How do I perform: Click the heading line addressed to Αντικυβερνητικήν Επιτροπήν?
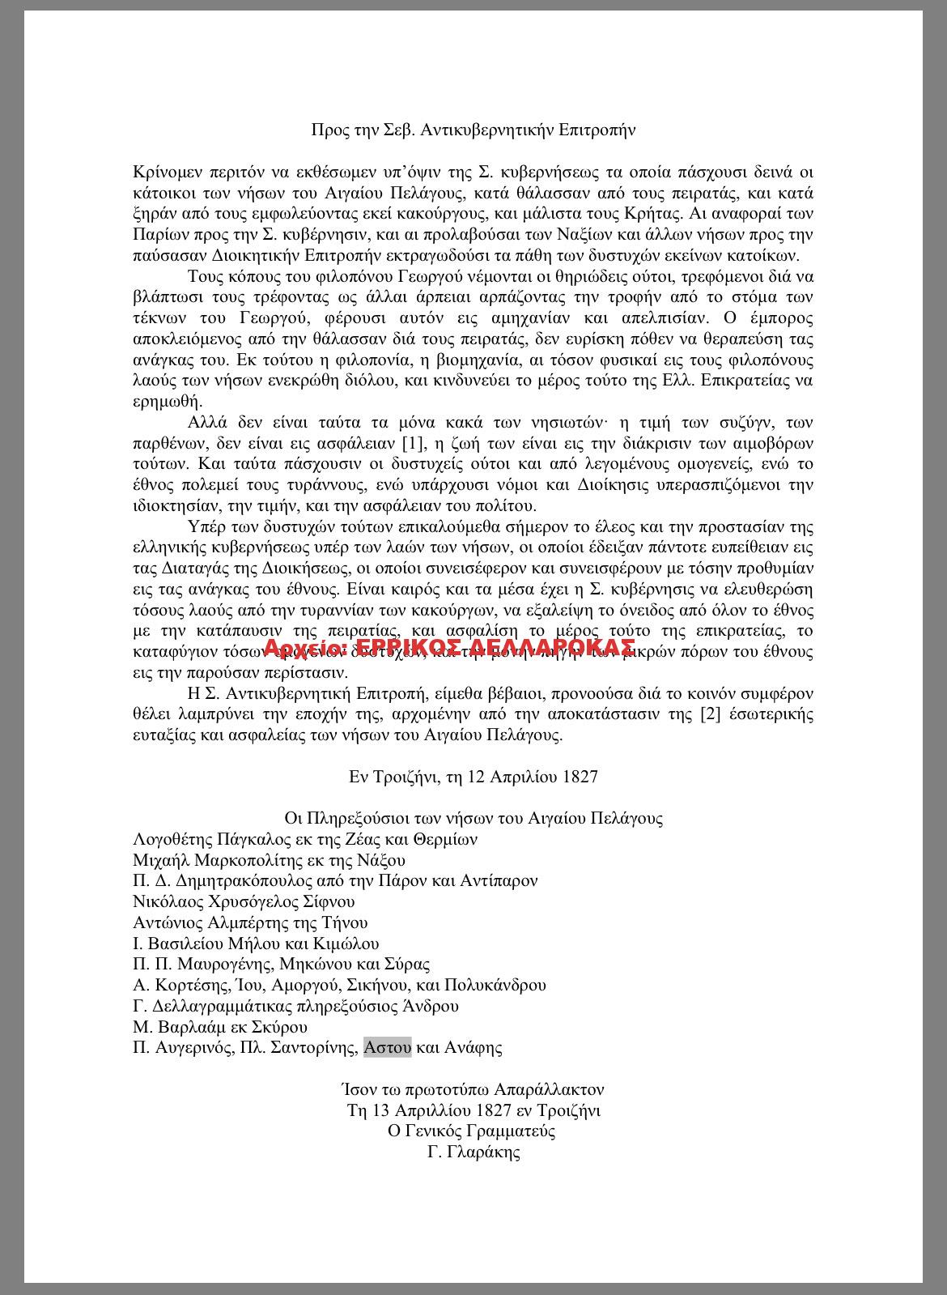[473, 130]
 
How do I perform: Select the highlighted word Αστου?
[388, 1048]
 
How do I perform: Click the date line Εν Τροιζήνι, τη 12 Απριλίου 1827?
[473, 777]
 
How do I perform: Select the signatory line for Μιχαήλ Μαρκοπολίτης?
[270, 860]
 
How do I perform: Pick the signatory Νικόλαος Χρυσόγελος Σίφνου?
[244, 902]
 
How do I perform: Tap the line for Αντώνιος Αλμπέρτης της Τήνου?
[250, 923]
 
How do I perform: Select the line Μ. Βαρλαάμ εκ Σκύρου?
[220, 1028]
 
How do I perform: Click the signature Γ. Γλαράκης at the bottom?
[473, 1152]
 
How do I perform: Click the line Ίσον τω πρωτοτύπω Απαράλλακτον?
[473, 1090]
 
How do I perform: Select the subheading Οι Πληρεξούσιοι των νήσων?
[473, 818]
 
